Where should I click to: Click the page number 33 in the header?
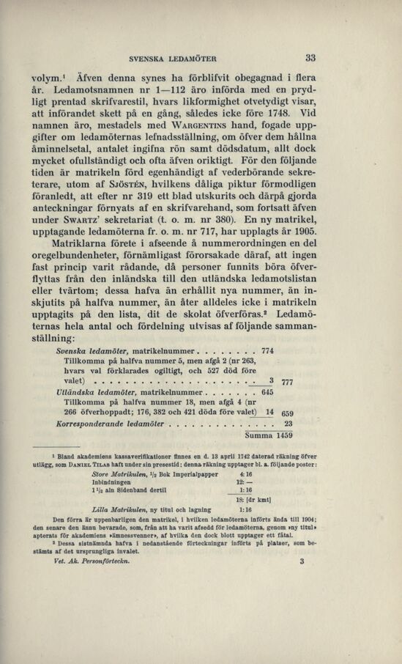coord(310,58)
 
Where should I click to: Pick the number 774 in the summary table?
coord(267,351)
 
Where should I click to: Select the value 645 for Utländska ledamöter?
coord(267,391)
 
